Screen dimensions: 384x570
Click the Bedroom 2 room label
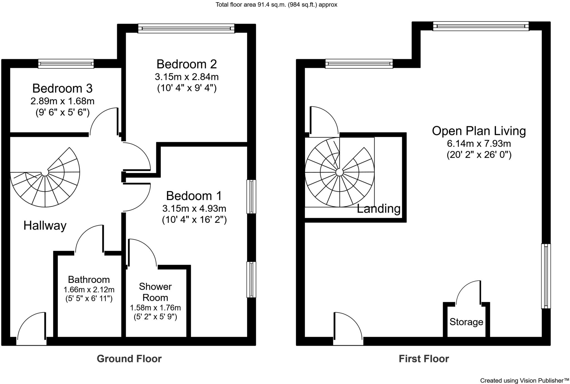[x=186, y=64]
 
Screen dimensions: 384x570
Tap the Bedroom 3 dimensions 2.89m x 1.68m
[x=62, y=101]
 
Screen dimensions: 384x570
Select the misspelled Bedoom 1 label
[x=194, y=196]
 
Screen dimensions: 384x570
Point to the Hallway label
[x=45, y=225]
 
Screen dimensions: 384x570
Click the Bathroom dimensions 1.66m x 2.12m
[x=89, y=290]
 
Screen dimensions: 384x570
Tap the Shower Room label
[x=155, y=292]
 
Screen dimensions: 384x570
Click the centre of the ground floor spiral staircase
[x=45, y=173]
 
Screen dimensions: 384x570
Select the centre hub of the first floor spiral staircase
[x=339, y=172]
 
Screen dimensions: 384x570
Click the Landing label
[x=378, y=208]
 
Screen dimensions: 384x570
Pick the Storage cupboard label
[x=466, y=322]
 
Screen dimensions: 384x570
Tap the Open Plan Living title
[x=479, y=131]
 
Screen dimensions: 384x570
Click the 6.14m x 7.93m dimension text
[x=479, y=144]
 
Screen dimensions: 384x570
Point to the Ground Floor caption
[x=129, y=359]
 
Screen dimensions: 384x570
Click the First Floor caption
[x=424, y=359]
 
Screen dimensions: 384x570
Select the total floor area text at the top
[x=276, y=4]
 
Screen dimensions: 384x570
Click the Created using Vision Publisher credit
[x=524, y=380]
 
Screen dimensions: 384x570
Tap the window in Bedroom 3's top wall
[x=66, y=64]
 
